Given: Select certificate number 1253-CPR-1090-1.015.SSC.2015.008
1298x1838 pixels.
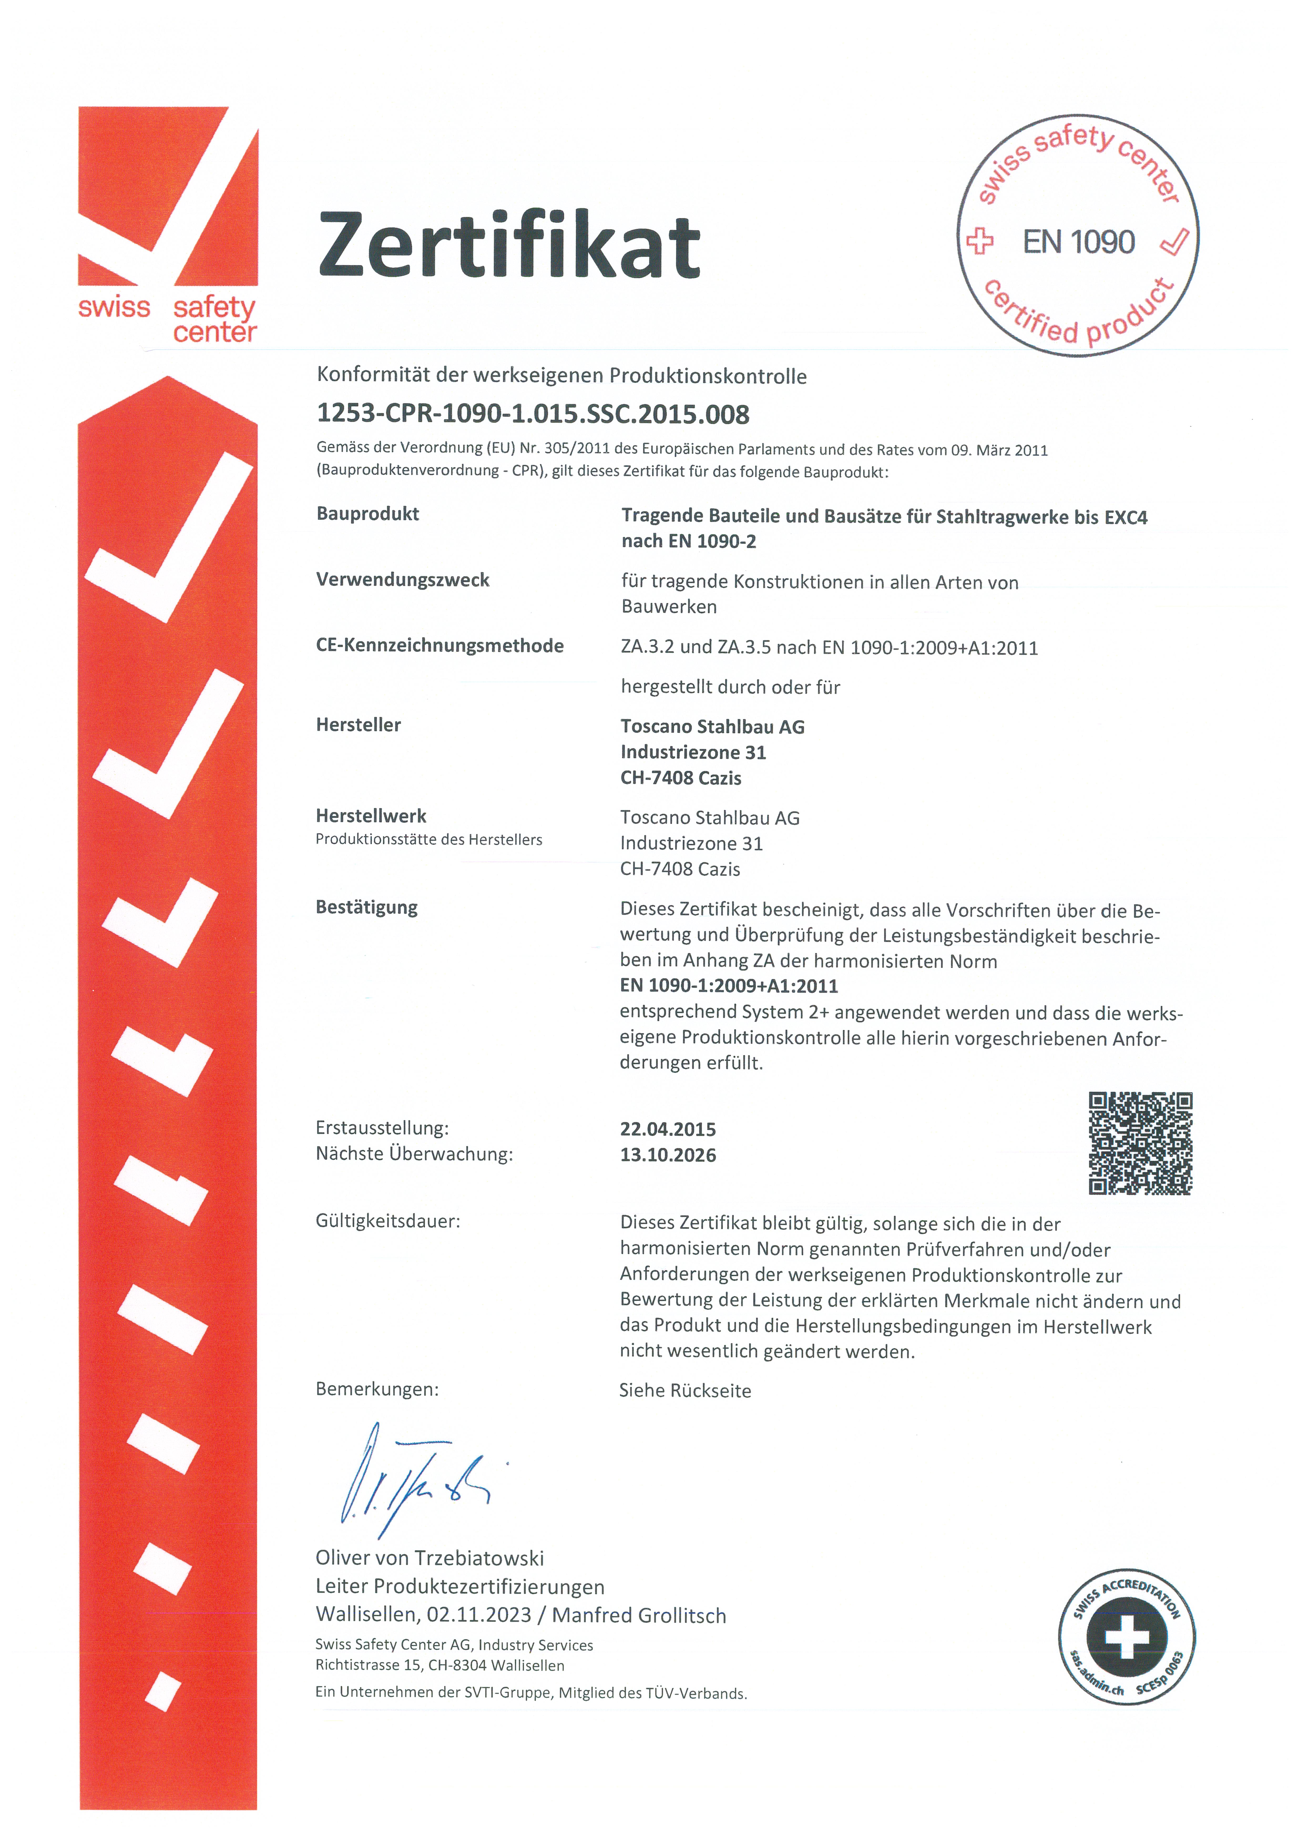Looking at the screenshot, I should point(533,414).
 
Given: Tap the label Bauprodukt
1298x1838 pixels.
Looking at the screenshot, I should point(367,514).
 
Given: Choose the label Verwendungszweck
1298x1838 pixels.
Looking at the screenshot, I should point(402,580).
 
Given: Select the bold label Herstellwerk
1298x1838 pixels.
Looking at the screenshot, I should point(371,816).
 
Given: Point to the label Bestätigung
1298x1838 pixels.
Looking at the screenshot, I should point(366,907).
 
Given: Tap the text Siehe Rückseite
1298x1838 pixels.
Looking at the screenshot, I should point(685,1391).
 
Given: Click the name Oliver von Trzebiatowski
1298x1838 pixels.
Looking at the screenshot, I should point(430,1558).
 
